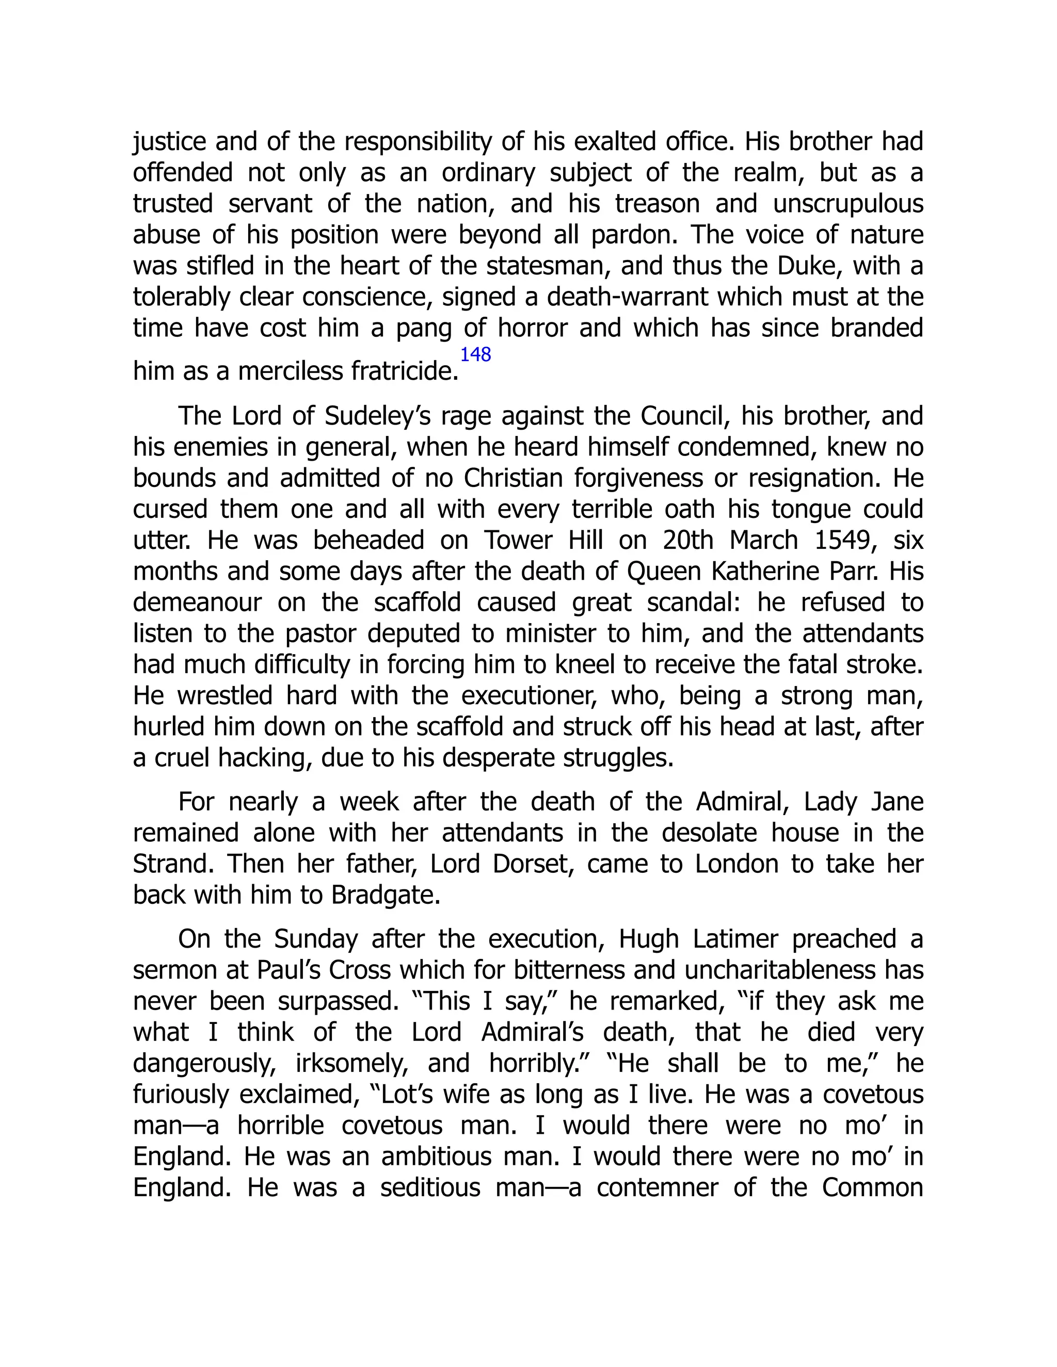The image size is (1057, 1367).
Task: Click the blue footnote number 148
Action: coord(475,355)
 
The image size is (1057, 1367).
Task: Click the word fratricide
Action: coord(405,372)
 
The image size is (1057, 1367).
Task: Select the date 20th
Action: coord(687,540)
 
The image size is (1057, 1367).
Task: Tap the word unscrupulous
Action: coord(848,204)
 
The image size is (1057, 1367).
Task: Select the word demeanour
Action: coord(198,603)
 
